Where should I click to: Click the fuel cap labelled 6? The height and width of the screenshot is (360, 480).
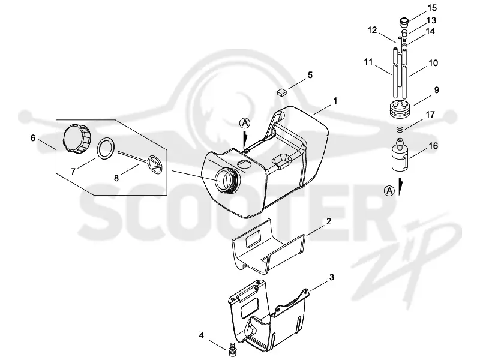point(77,139)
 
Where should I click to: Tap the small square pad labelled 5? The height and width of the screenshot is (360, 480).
point(282,92)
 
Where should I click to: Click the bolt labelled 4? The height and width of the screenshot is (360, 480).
point(232,349)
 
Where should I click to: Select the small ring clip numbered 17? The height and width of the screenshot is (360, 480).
point(400,130)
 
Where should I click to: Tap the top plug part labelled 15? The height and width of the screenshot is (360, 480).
point(404,22)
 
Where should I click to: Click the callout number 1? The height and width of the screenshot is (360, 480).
point(335,101)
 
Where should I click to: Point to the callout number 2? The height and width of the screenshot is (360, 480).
point(328,221)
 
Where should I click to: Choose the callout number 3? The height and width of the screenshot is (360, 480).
point(332,277)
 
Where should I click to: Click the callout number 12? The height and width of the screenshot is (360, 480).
point(372,30)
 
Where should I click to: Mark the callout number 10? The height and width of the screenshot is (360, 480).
point(433,63)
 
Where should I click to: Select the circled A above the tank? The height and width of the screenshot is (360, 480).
point(245,123)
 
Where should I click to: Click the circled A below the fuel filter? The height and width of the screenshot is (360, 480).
point(389,191)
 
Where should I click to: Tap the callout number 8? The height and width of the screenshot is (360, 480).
point(116,178)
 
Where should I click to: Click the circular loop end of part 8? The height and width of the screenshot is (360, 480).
point(155,166)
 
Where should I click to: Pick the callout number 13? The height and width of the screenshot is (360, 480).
point(431,20)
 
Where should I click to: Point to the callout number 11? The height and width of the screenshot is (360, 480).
point(368,62)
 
